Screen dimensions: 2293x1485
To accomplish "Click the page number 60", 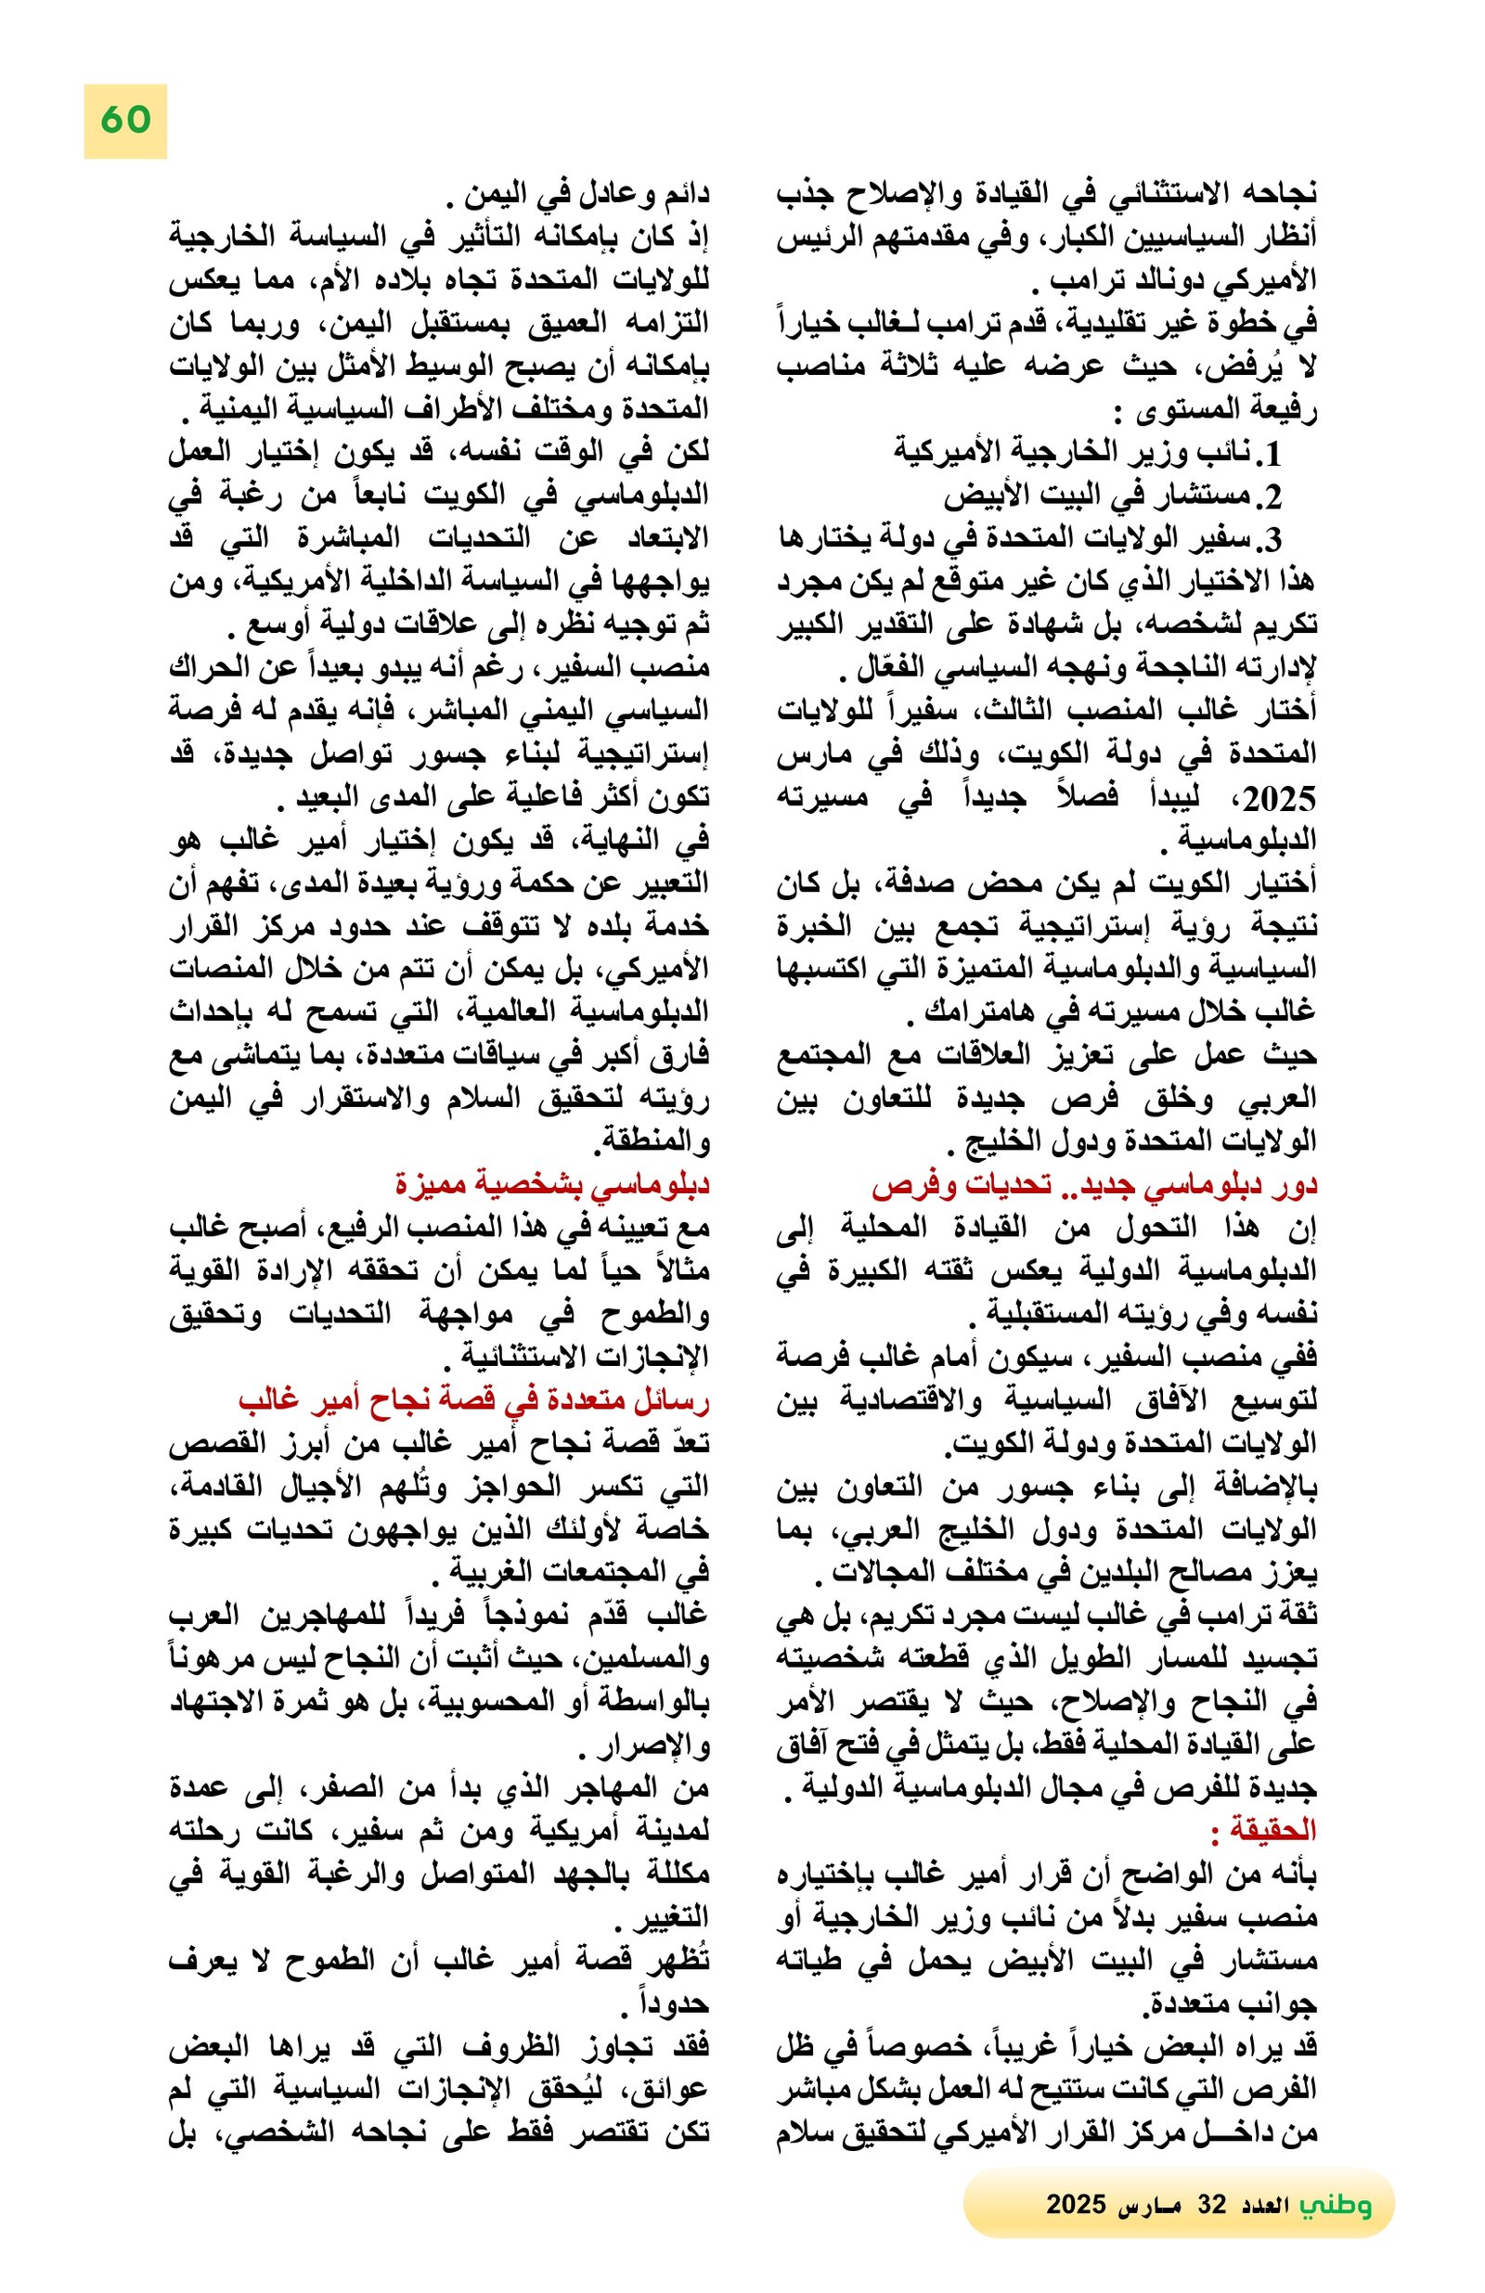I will point(125,121).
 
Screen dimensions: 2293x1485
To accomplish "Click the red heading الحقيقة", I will point(1262,1831).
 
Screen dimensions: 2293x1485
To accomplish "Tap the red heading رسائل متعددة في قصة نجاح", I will point(472,1400).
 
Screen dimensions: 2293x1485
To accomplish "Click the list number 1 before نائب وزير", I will point(1272,452).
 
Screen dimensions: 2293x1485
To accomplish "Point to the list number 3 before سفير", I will point(1272,539).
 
